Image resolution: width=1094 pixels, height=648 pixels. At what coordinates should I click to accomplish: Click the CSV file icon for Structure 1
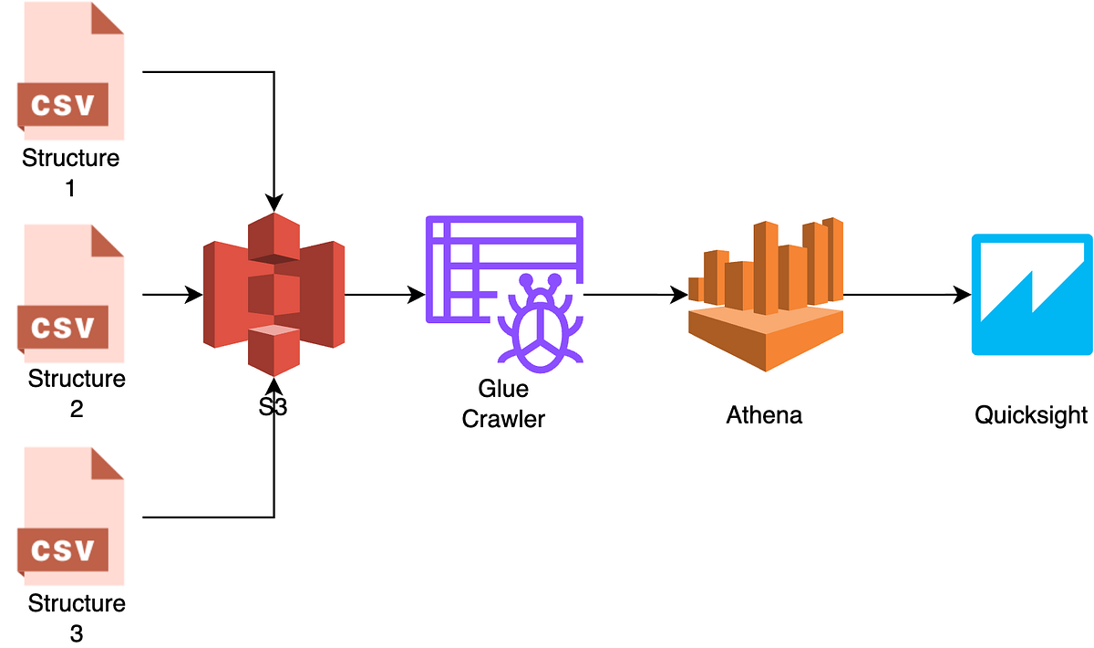click(69, 71)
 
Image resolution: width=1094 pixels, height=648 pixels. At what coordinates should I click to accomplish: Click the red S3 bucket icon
click(273, 294)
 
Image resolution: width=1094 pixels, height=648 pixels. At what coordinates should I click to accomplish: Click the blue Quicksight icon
click(1031, 294)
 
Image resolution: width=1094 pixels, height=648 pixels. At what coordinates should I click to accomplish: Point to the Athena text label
click(764, 416)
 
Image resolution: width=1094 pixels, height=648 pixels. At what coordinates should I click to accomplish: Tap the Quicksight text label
click(1031, 416)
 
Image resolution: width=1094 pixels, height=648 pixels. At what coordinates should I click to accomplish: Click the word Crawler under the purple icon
click(503, 419)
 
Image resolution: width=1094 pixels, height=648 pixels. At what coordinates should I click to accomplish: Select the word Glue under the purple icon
click(503, 390)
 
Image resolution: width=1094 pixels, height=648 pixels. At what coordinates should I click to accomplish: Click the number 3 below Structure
click(76, 632)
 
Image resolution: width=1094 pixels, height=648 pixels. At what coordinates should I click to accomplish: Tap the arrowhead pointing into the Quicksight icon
click(963, 295)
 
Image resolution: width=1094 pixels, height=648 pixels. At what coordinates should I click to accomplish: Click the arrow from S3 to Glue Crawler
click(383, 295)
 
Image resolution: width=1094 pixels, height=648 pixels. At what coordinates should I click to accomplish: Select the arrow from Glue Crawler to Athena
click(634, 295)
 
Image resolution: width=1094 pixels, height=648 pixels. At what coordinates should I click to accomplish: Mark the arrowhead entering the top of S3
click(273, 203)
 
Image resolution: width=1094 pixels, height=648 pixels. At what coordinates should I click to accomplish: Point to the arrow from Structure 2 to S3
click(173, 295)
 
